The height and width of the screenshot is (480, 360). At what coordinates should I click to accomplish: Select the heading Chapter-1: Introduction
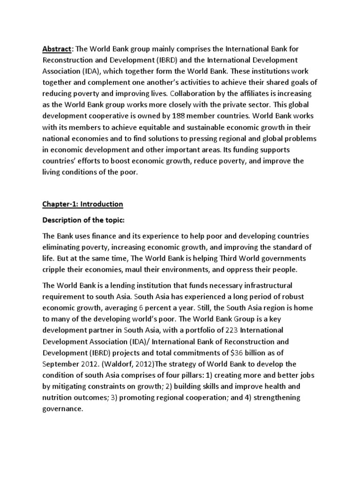[82, 204]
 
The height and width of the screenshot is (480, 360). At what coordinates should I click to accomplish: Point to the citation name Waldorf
[119, 364]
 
